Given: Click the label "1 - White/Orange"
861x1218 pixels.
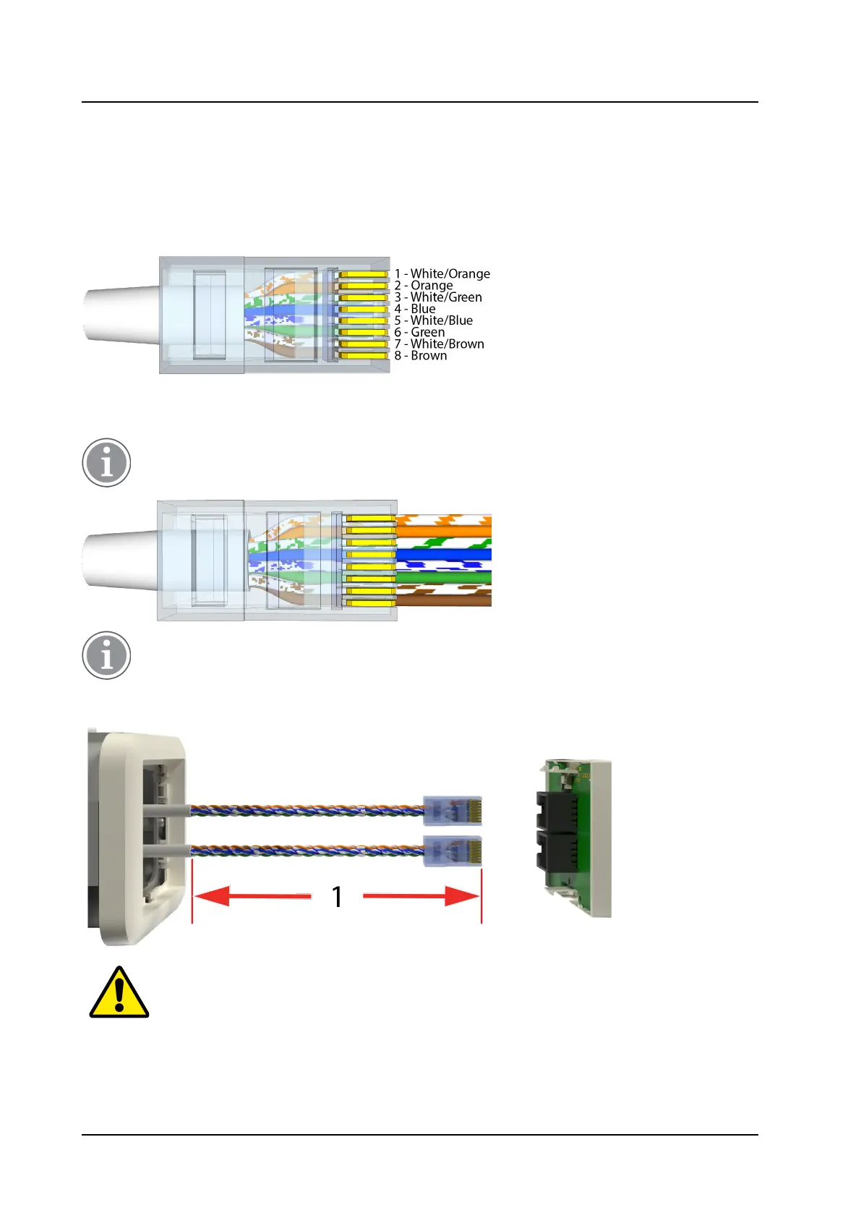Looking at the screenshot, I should pos(442,273).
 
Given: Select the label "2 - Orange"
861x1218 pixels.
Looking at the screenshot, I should pos(424,285).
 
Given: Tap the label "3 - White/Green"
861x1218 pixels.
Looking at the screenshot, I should pos(438,297).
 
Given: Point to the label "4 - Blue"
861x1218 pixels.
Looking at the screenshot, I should pos(415,309).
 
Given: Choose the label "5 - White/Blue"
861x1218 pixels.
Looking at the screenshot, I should pos(434,320).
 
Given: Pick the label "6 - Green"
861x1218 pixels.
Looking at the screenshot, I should pos(419,332).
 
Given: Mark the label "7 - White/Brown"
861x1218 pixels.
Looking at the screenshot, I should pos(439,344).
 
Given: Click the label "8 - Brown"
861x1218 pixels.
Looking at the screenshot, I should pos(421,356).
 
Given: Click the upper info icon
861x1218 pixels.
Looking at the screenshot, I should pos(106,462).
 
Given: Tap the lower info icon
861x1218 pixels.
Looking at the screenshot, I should pos(106,655).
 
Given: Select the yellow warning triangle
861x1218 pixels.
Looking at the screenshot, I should pos(119,993).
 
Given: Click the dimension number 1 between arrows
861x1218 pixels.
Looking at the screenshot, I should pos(337,897).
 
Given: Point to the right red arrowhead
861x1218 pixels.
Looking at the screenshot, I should pos(463,897).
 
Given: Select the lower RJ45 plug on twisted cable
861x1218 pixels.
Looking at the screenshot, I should pos(453,851).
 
